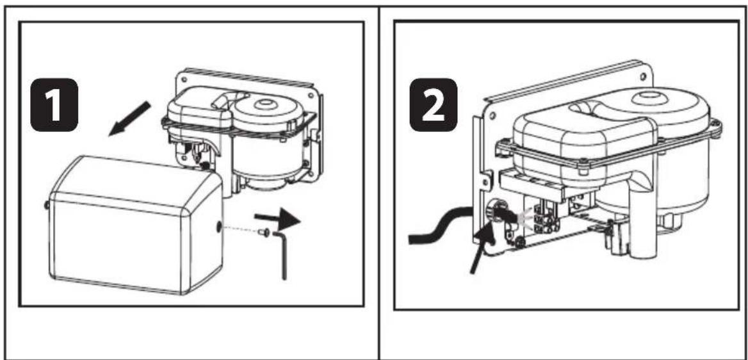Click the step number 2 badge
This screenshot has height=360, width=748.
pos(432,103)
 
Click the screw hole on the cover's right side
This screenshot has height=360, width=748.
pos(220,226)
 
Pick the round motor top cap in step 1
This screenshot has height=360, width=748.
pos(265,106)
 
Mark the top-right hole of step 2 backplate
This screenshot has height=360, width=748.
pos(642,75)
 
